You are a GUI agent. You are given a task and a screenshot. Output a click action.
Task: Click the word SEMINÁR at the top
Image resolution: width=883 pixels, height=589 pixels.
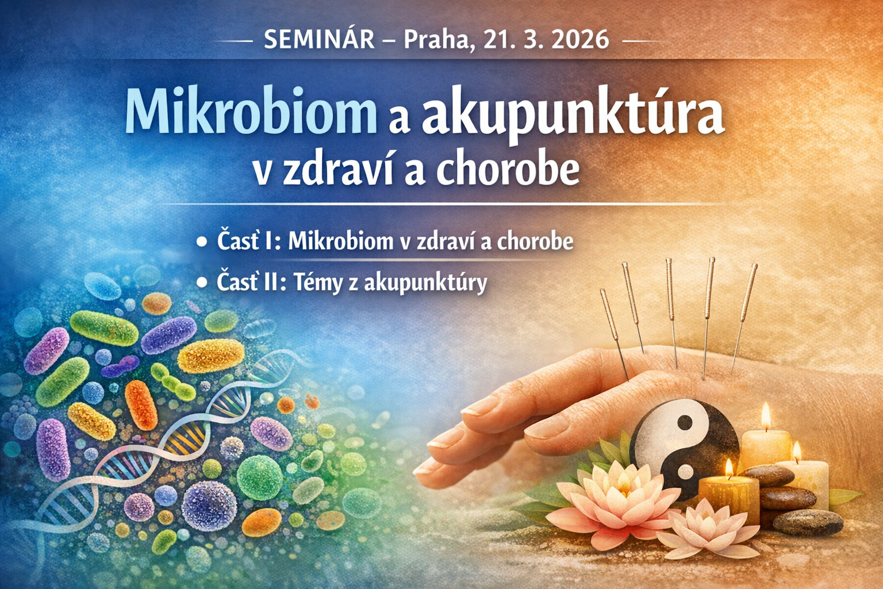(319, 40)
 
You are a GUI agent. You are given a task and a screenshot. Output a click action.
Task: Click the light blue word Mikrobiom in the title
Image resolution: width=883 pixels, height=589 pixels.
(251, 111)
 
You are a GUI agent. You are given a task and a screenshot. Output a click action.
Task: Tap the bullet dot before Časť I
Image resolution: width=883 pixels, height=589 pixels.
(202, 242)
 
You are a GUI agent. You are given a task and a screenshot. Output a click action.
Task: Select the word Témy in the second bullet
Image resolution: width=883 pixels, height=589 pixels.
(319, 283)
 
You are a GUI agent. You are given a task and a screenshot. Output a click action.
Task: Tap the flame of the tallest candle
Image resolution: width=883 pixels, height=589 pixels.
(766, 416)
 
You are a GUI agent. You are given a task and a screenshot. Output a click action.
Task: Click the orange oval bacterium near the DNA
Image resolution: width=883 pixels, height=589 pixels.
(141, 405)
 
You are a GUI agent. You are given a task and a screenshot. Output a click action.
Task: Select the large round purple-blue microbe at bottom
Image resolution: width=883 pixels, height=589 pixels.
(209, 506)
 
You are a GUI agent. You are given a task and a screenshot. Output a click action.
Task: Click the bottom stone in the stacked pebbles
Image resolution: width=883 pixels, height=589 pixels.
(808, 522)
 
